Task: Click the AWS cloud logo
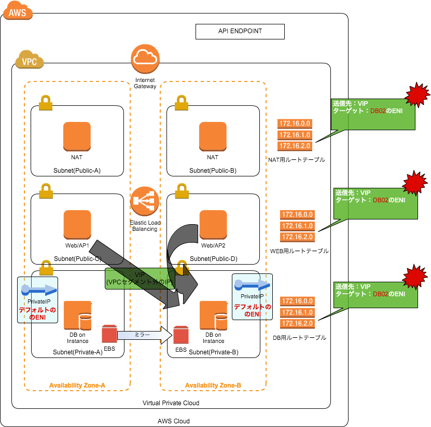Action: pyautogui.click(x=18, y=10)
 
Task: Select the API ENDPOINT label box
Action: pyautogui.click(x=240, y=32)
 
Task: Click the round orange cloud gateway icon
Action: pyautogui.click(x=145, y=59)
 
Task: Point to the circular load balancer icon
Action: pyautogui.click(x=145, y=201)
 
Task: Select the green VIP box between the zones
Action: pyautogui.click(x=140, y=279)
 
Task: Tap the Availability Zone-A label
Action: pyautogui.click(x=77, y=385)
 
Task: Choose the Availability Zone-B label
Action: pyautogui.click(x=213, y=385)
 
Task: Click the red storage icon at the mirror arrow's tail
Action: pyautogui.click(x=109, y=334)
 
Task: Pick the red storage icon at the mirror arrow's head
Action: pyautogui.click(x=180, y=335)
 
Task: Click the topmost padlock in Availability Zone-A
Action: pyautogui.click(x=46, y=103)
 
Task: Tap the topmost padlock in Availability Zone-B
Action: pyautogui.click(x=181, y=103)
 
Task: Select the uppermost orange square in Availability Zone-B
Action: pyautogui.click(x=213, y=136)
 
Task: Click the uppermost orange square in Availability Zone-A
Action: pyautogui.click(x=77, y=136)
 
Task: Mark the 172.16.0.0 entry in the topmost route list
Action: pyautogui.click(x=295, y=123)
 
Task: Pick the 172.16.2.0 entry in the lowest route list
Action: pyautogui.click(x=297, y=324)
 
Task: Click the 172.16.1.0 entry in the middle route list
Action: pyautogui.click(x=297, y=226)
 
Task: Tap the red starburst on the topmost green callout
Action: pyautogui.click(x=417, y=94)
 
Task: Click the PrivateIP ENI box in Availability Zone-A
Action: pyautogui.click(x=37, y=300)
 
